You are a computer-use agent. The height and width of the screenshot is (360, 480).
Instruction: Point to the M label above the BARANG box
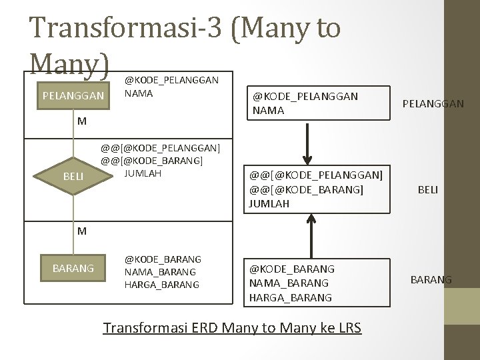(81, 231)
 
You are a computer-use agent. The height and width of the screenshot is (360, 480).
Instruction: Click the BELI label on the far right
(427, 190)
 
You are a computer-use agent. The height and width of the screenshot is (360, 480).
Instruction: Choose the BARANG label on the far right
(430, 280)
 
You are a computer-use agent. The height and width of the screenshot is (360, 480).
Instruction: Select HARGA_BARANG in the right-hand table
(290, 297)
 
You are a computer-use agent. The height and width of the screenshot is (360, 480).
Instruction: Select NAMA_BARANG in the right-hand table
(289, 283)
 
